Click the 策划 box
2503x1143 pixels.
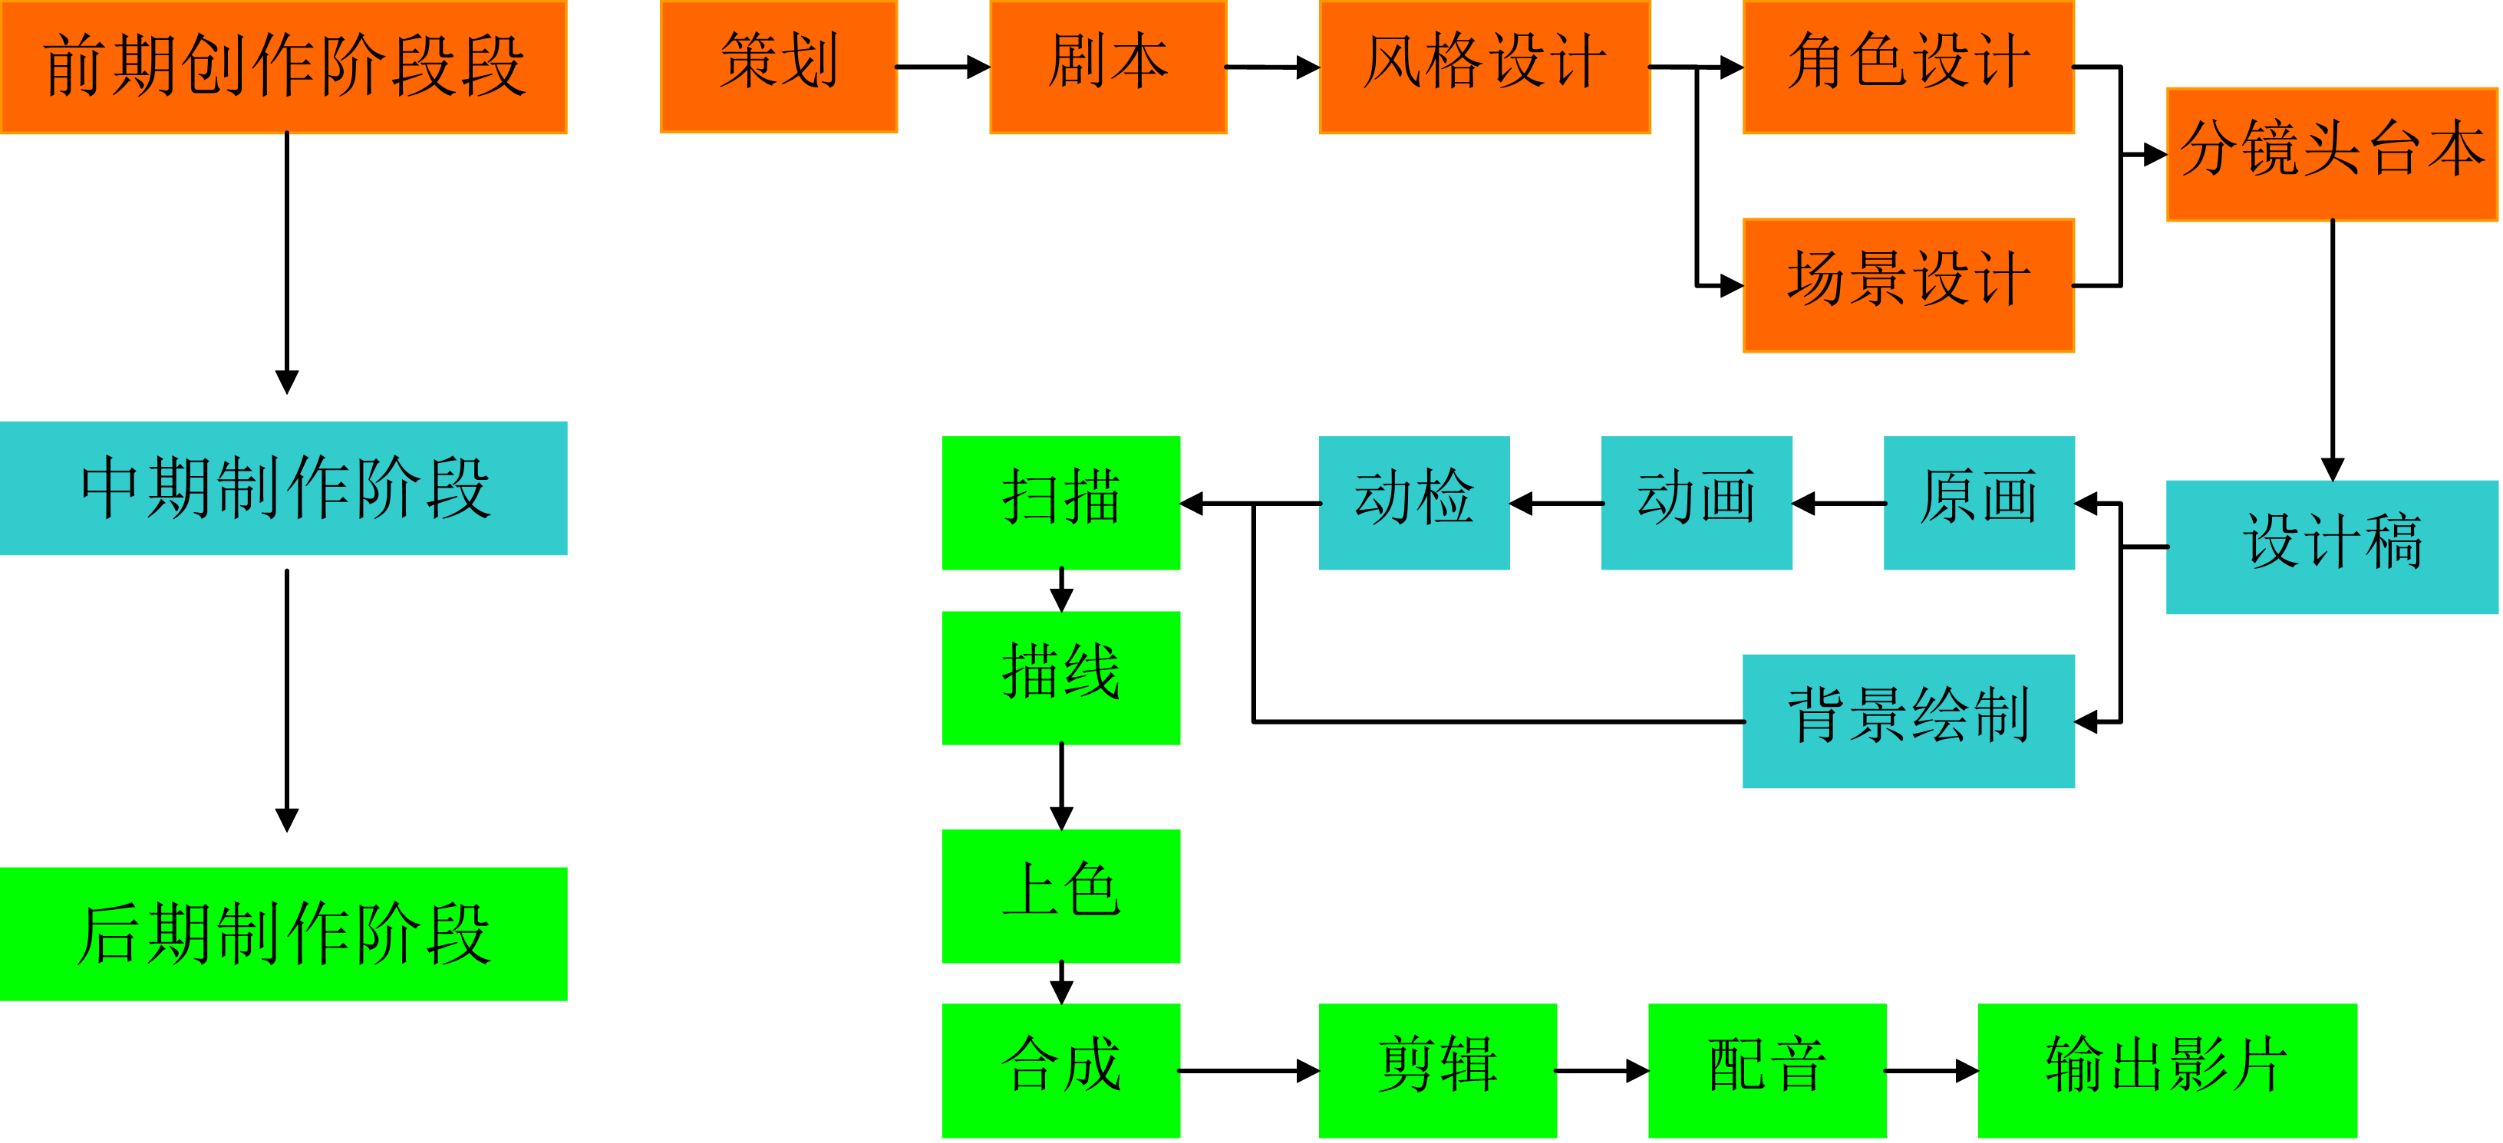pyautogui.click(x=778, y=66)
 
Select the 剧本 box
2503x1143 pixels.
pyautogui.click(x=1108, y=66)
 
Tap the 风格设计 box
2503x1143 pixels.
pyautogui.click(x=1484, y=66)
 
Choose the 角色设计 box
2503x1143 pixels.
pyautogui.click(x=1908, y=66)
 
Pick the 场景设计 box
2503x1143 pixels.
pyautogui.click(x=1908, y=284)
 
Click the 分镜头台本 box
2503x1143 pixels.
pyautogui.click(x=2332, y=153)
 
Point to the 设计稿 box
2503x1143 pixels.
pyautogui.click(x=2332, y=546)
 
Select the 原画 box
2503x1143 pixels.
pyautogui.click(x=1978, y=502)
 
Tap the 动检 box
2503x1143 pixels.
pyautogui.click(x=1413, y=502)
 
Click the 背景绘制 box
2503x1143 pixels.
pyautogui.click(x=1908, y=721)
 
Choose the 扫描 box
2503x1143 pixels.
pyautogui.click(x=1061, y=502)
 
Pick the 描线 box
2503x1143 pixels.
pyautogui.click(x=1061, y=677)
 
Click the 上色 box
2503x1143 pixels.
pyautogui.click(x=1061, y=895)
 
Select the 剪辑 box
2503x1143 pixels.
pyautogui.click(x=1437, y=1070)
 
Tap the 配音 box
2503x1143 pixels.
pyautogui.click(x=1766, y=1070)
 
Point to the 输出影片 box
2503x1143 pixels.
pyautogui.click(x=2167, y=1070)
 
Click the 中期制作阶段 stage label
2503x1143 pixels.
pyautogui.click(x=284, y=488)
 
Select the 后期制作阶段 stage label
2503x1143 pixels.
pyautogui.click(x=284, y=933)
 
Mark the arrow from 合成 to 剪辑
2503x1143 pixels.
pyautogui.click(x=1248, y=1071)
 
